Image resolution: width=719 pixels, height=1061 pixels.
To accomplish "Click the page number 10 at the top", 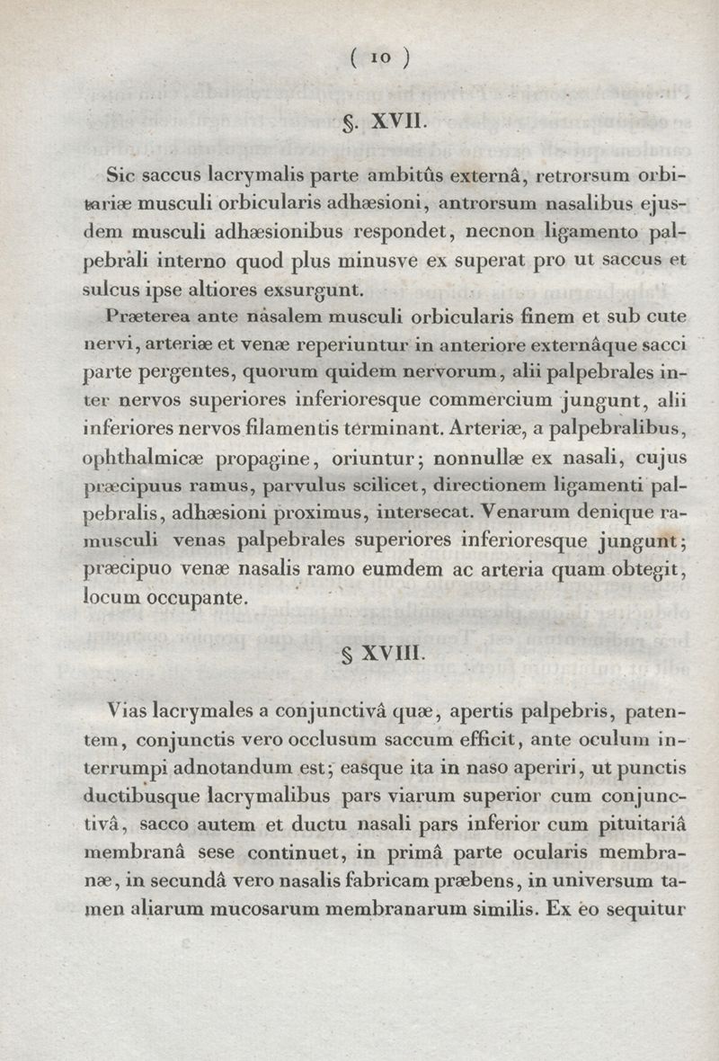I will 381,58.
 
